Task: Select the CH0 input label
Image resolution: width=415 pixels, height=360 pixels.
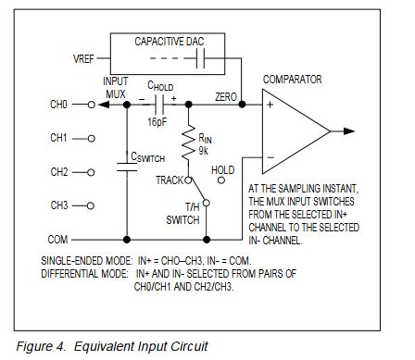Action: [x=58, y=106]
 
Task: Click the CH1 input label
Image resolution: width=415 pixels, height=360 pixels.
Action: [x=58, y=139]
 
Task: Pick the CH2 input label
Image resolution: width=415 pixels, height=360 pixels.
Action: [x=58, y=172]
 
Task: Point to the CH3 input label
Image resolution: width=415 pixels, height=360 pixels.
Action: [x=58, y=205]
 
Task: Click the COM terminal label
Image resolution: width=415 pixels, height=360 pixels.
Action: [x=58, y=239]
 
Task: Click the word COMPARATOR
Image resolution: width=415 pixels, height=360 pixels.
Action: [x=293, y=80]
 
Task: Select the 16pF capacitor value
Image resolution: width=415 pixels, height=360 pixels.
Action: [x=158, y=121]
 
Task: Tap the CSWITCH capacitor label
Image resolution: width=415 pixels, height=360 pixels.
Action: [x=146, y=157]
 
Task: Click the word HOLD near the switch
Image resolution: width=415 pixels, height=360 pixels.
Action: [x=223, y=170]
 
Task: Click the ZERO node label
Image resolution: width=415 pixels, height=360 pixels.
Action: [x=225, y=96]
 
